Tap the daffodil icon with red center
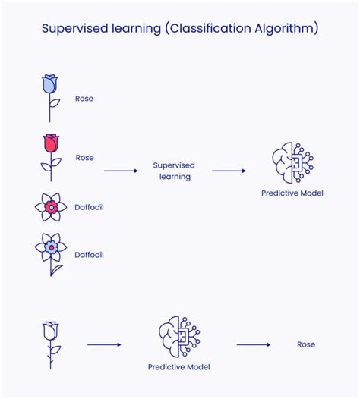(x=50, y=206)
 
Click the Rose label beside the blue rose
(x=84, y=99)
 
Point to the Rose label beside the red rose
(x=84, y=158)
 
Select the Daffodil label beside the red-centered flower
(x=90, y=206)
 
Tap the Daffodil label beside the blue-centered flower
(x=90, y=255)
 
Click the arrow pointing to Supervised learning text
(x=121, y=171)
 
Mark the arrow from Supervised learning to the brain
(x=228, y=171)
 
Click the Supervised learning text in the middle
(x=174, y=171)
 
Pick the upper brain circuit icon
(x=292, y=160)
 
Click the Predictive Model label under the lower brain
(x=178, y=367)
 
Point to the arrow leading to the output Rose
(x=253, y=345)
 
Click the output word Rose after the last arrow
(x=305, y=345)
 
